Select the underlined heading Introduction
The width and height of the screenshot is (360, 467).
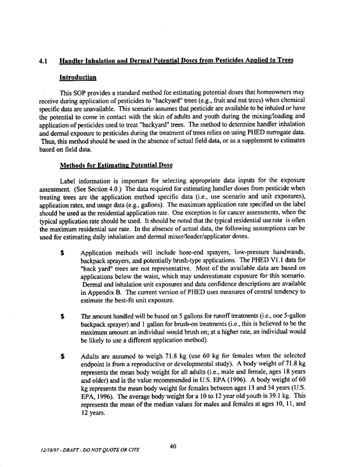pos(80,78)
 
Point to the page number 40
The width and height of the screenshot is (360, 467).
pos(173,446)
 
